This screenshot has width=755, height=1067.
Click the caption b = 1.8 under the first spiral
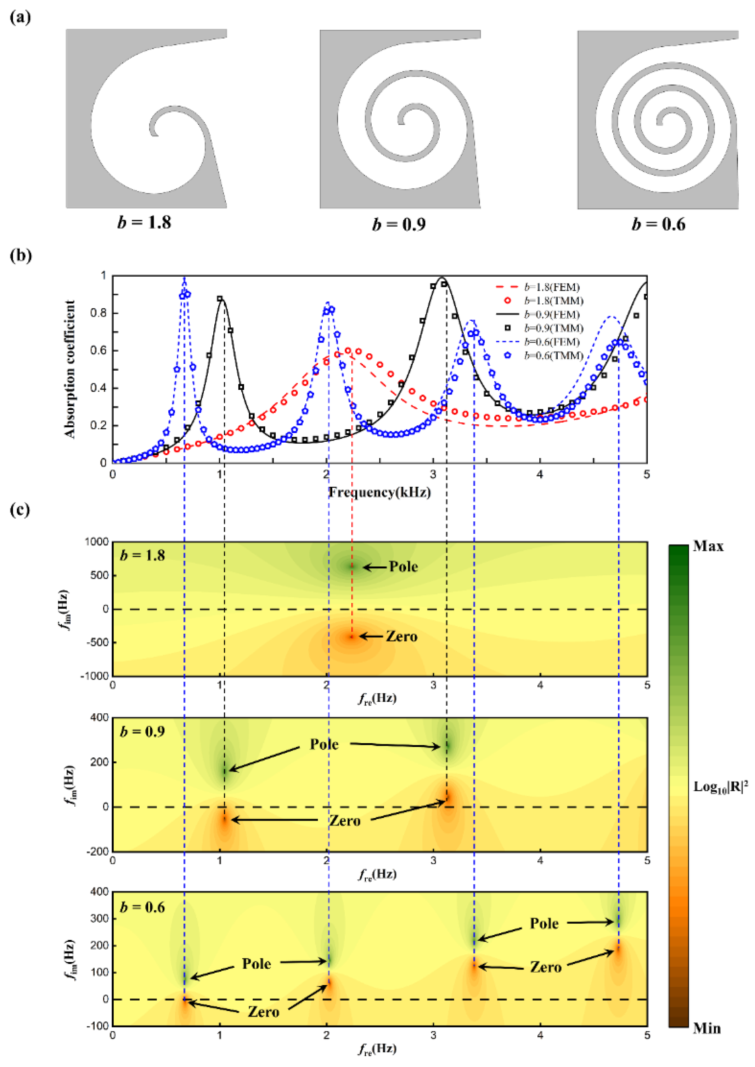[144, 222]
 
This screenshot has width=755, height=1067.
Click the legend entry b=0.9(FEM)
[552, 315]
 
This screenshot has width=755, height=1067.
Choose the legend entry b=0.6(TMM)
[553, 355]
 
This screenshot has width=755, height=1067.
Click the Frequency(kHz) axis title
[379, 492]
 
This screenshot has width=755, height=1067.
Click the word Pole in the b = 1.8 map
[403, 567]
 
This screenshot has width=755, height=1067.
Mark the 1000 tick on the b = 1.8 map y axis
[97, 542]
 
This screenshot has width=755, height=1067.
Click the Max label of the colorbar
[708, 546]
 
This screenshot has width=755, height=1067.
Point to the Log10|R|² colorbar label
[721, 787]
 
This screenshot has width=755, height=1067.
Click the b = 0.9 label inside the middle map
[142, 731]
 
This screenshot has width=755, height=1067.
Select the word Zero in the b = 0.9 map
[344, 820]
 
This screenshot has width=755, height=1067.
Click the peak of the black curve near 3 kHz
[443, 278]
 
